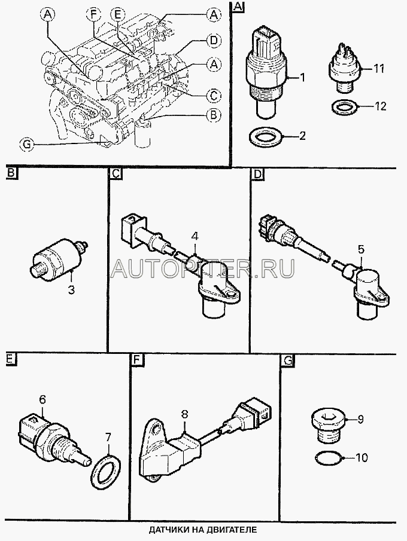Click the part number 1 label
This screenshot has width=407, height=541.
(303, 78)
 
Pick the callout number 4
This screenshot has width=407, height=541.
(195, 237)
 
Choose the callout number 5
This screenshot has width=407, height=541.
(361, 249)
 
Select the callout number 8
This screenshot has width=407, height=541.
(184, 415)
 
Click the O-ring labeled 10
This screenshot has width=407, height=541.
(328, 458)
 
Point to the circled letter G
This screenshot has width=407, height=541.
(27, 144)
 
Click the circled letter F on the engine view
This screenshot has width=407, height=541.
(93, 14)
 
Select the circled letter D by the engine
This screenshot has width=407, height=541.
(214, 41)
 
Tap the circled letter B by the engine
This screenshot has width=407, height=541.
(214, 115)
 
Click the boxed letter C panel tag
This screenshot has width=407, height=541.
(116, 173)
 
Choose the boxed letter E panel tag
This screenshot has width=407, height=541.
(10, 359)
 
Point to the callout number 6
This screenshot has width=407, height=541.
(42, 400)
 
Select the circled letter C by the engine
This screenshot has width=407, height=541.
(214, 95)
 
